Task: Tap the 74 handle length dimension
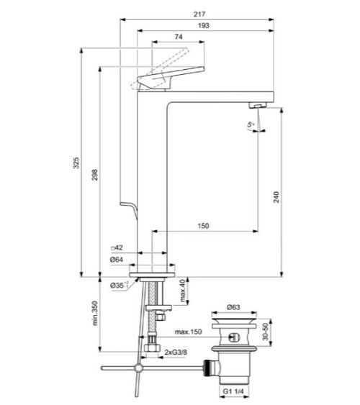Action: pos(178,38)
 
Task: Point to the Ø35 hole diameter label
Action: pos(119,286)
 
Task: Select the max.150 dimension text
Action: pos(186,332)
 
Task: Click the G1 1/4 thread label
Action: pos(233,393)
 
